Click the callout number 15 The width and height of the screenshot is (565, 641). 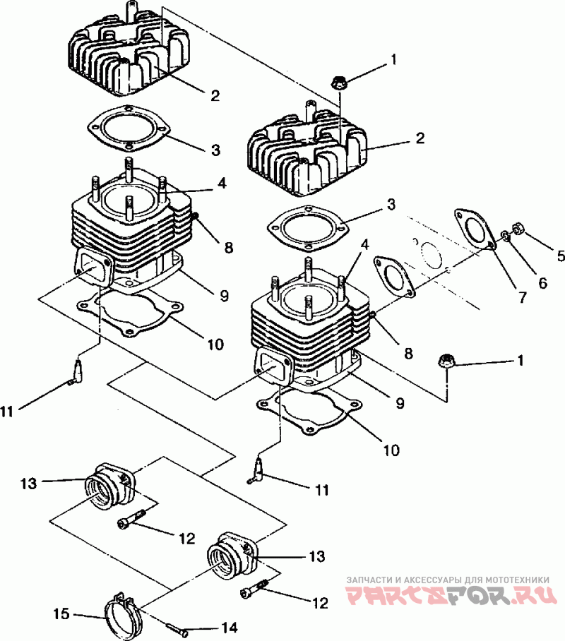pos(61,613)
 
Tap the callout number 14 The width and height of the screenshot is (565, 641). pos(229,628)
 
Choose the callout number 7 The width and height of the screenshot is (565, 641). pos(523,296)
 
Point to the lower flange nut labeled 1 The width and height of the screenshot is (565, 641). pos(445,361)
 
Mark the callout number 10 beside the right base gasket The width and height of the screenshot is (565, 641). pos(391,450)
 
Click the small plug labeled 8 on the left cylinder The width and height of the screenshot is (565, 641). pos(195,215)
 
